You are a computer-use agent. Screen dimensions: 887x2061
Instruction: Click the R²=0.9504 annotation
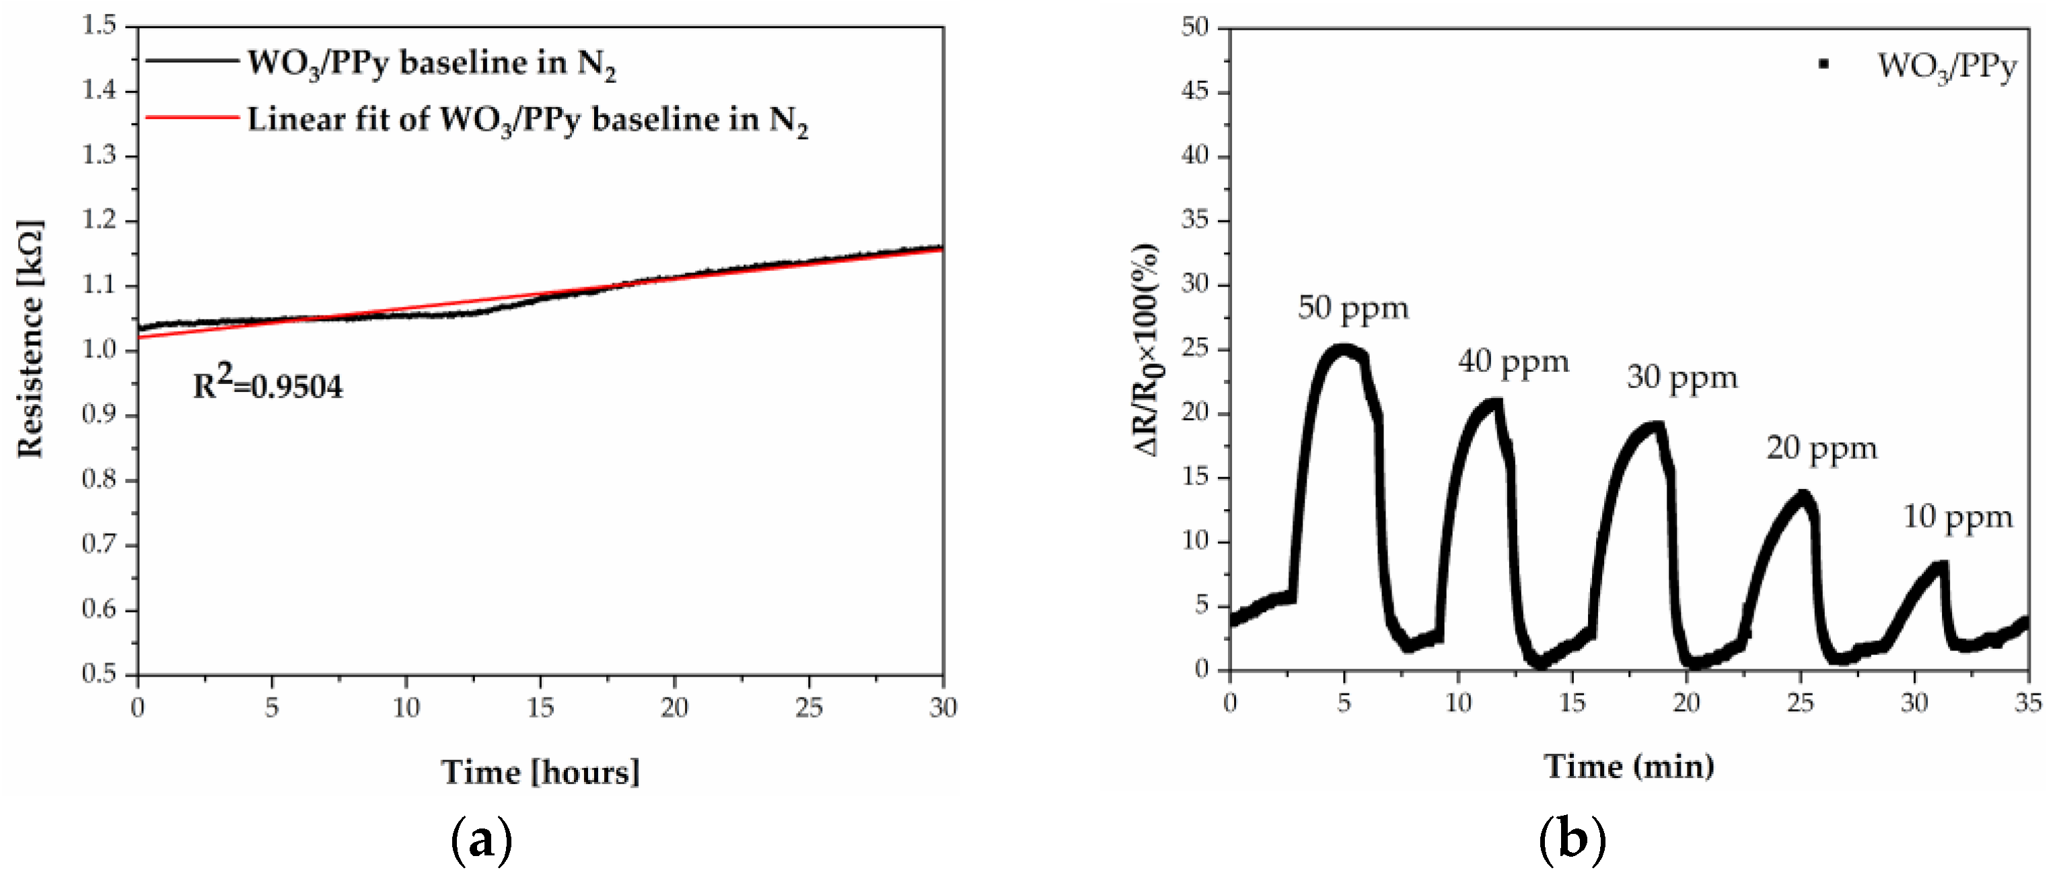(267, 385)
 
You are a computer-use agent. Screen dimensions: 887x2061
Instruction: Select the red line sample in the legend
(192, 118)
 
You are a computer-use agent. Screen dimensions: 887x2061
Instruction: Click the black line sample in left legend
(192, 61)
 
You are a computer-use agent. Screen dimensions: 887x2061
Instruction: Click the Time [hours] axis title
(540, 772)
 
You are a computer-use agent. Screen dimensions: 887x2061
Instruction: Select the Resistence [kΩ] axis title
(30, 338)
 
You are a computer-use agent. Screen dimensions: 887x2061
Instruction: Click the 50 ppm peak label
(1352, 308)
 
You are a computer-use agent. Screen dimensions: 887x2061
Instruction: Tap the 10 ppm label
(1957, 518)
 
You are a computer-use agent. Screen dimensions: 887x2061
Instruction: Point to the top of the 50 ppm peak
(1344, 350)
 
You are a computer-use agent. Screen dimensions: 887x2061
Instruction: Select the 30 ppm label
(1682, 377)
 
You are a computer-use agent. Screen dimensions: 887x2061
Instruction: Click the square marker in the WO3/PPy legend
(1823, 64)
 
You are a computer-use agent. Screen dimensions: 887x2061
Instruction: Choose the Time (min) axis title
(1628, 766)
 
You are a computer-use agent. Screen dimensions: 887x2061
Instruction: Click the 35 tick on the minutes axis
(2027, 703)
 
